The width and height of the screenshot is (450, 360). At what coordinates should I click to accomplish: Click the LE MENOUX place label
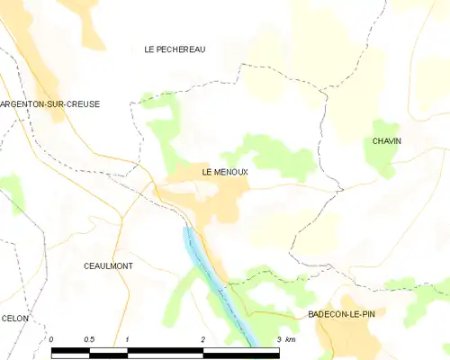pyautogui.click(x=224, y=171)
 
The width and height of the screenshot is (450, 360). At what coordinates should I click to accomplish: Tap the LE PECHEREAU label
pyautogui.click(x=175, y=49)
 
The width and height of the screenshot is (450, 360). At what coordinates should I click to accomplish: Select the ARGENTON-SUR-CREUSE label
pyautogui.click(x=49, y=104)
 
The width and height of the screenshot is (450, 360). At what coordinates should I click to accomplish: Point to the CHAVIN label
pyautogui.click(x=387, y=141)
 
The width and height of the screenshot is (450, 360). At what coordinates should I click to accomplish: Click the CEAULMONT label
pyautogui.click(x=108, y=266)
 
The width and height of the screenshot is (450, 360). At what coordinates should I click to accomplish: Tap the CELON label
pyautogui.click(x=15, y=319)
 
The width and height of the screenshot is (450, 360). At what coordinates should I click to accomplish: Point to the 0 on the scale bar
pyautogui.click(x=51, y=338)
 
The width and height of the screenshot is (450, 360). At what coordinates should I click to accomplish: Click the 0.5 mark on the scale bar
pyautogui.click(x=88, y=338)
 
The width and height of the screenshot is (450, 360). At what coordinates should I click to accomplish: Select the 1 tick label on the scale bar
pyautogui.click(x=128, y=338)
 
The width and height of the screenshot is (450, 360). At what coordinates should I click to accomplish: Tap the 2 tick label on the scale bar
pyautogui.click(x=203, y=338)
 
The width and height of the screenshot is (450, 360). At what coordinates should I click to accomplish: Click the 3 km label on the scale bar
pyautogui.click(x=286, y=338)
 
